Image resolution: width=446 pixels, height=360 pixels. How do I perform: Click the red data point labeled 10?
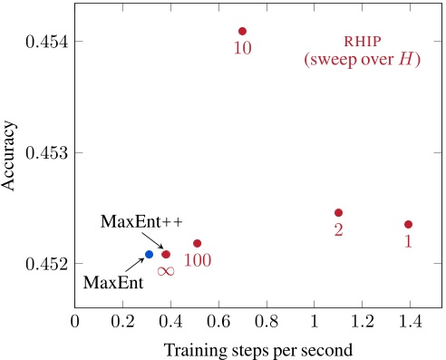[242, 31]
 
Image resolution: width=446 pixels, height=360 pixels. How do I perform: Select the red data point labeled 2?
[338, 212]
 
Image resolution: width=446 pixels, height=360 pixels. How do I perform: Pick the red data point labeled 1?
[408, 224]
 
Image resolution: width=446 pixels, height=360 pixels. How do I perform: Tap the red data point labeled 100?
[198, 243]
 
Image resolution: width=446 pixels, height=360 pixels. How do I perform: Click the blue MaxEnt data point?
[150, 254]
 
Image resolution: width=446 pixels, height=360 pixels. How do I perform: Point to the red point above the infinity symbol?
[166, 254]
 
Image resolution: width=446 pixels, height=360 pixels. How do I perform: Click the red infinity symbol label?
[166, 270]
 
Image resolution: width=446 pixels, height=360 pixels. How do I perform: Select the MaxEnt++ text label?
[130, 221]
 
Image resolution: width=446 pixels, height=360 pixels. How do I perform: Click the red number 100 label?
[198, 261]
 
